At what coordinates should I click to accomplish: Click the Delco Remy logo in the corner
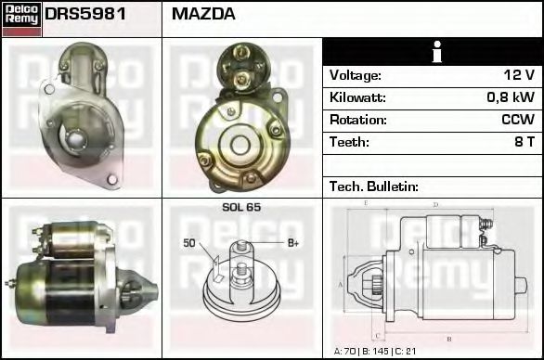[21, 19]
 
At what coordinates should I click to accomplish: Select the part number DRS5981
[85, 14]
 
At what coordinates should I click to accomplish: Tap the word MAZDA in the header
[203, 14]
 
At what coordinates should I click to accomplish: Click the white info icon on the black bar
[437, 52]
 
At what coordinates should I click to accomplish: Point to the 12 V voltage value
[519, 75]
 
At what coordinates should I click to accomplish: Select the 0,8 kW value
[511, 97]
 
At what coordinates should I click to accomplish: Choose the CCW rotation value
[518, 120]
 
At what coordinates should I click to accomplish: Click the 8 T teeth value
[525, 142]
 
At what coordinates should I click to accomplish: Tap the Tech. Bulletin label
[374, 186]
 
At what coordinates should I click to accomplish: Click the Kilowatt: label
[357, 97]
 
